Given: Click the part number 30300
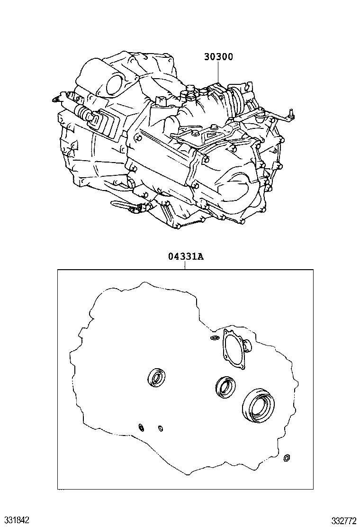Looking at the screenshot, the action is coord(218,57).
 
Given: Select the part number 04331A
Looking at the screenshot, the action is coord(186,257).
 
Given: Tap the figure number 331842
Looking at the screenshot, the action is coord(15,520).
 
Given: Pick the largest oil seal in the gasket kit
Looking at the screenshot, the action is coord(258,405).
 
